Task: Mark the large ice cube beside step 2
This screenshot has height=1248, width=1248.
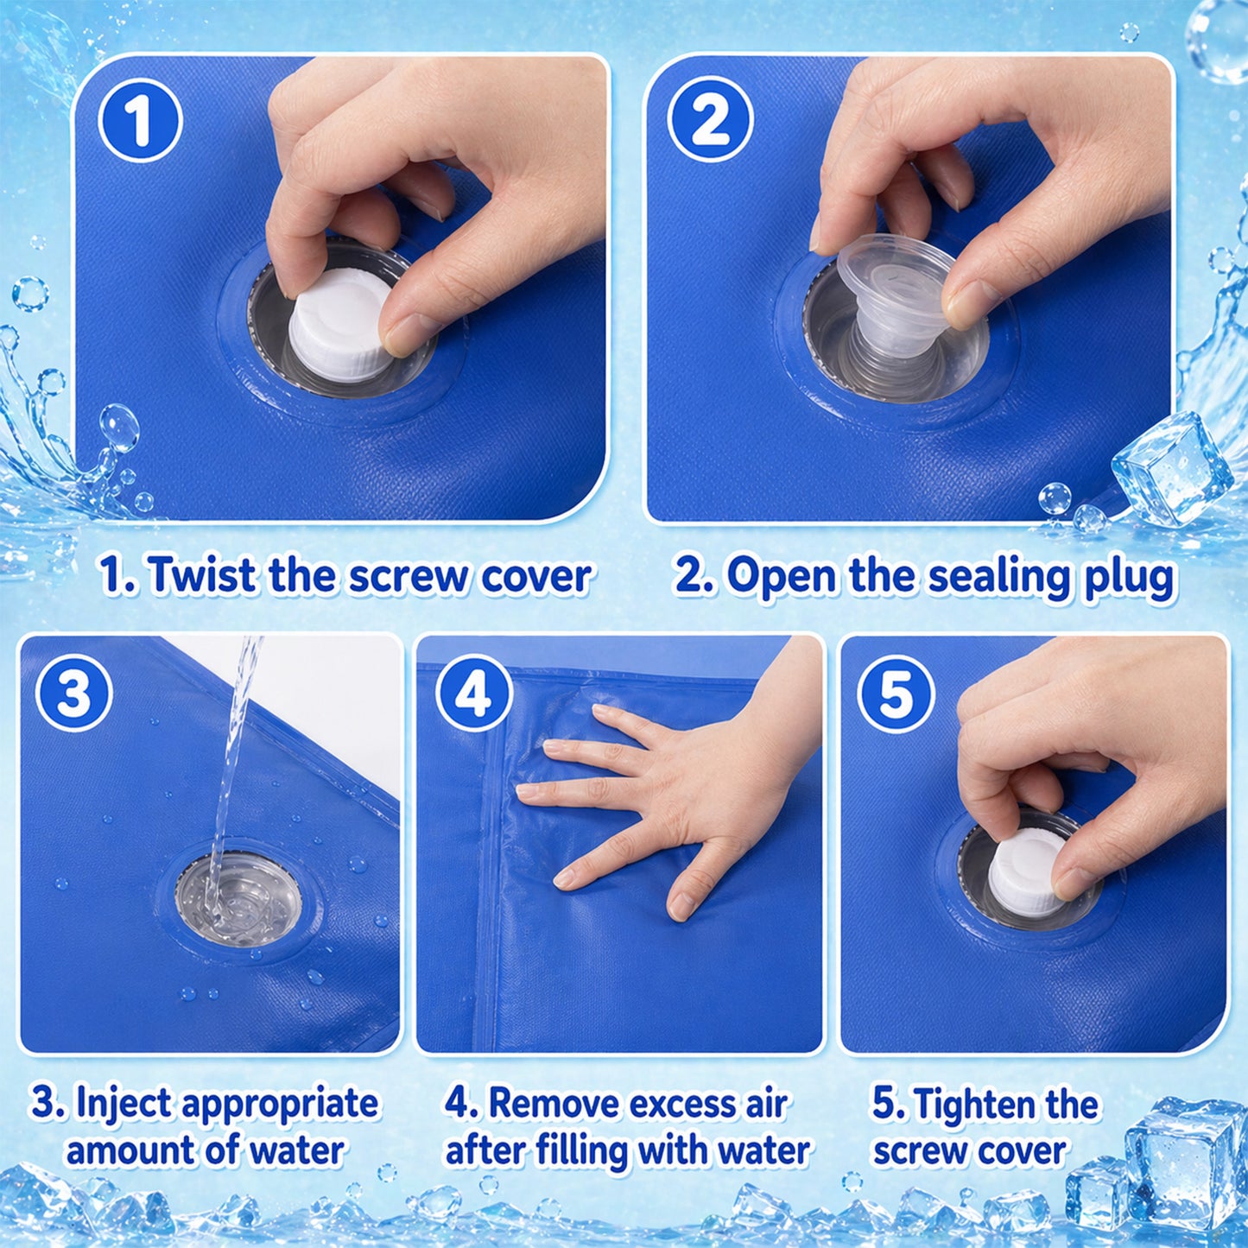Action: click(1172, 467)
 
